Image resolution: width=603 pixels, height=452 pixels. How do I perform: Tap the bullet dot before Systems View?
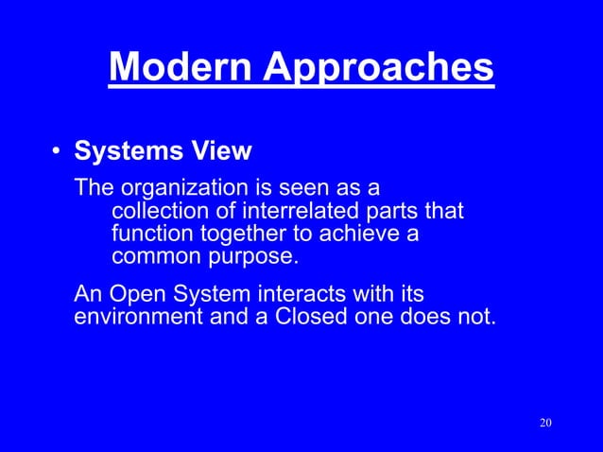(x=57, y=153)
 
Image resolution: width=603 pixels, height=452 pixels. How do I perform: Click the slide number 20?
(x=544, y=422)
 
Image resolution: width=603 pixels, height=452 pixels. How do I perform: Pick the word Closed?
(x=311, y=316)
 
